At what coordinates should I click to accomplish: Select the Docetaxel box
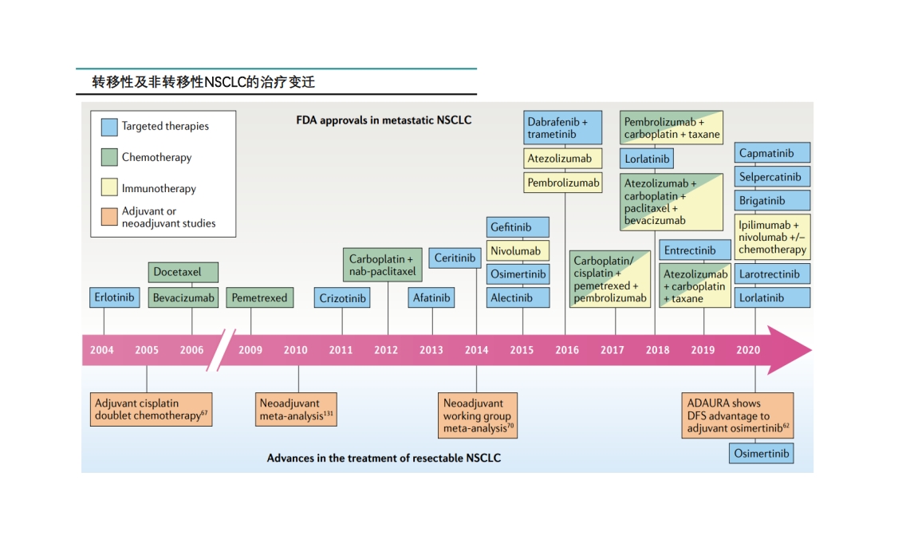coord(183,273)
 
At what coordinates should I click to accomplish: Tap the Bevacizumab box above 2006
coord(183,298)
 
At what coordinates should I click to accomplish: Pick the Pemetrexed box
coord(259,298)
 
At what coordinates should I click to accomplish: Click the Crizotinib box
coord(343,298)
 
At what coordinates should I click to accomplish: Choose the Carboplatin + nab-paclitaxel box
coord(382,266)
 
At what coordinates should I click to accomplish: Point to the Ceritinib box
coord(455,258)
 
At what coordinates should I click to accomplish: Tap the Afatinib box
coord(432,298)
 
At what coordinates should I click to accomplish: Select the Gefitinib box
coord(519,227)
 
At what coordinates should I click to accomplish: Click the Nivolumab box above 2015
coord(519,251)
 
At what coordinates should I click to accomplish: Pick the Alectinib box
coord(519,298)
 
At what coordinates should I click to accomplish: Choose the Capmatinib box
coord(773,153)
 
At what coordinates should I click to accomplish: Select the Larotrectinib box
coord(773,274)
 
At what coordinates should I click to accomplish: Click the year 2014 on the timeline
coord(477,350)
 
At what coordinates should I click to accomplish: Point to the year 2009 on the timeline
coord(250,350)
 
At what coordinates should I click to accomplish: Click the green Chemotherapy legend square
coord(110,157)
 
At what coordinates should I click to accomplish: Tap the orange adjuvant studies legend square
coord(110,217)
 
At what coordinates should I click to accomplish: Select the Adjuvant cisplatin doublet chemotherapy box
coord(151,409)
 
